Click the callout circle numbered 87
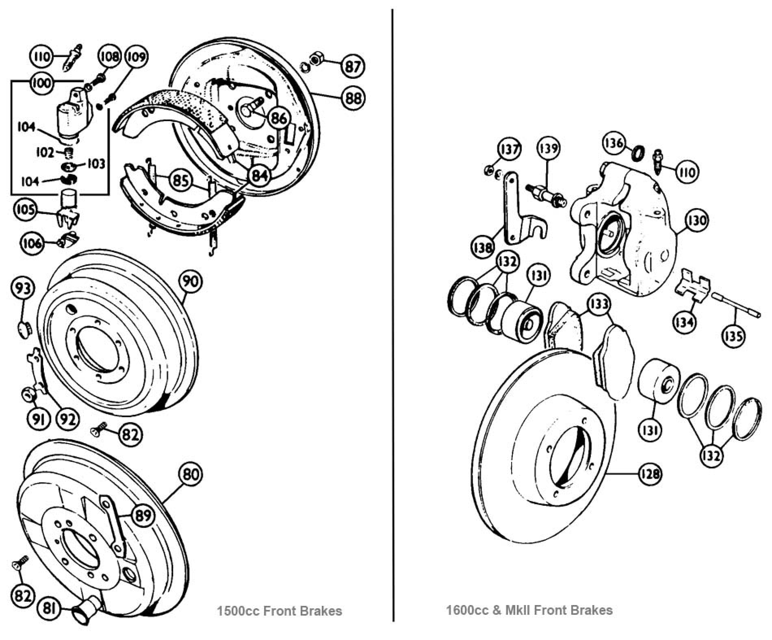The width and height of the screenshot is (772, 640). (x=353, y=66)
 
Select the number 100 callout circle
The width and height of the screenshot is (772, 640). (x=41, y=83)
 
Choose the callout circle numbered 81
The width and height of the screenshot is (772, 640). (x=50, y=609)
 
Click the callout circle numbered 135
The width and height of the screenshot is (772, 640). (x=734, y=336)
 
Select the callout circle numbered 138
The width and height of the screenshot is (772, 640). (x=483, y=248)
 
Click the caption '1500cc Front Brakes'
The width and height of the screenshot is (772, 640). (x=280, y=611)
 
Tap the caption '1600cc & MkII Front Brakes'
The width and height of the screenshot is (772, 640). (x=529, y=610)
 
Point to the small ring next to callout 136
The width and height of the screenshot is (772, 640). (x=638, y=154)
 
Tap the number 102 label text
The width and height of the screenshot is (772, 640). (x=45, y=153)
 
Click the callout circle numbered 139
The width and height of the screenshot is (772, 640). (x=549, y=148)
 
